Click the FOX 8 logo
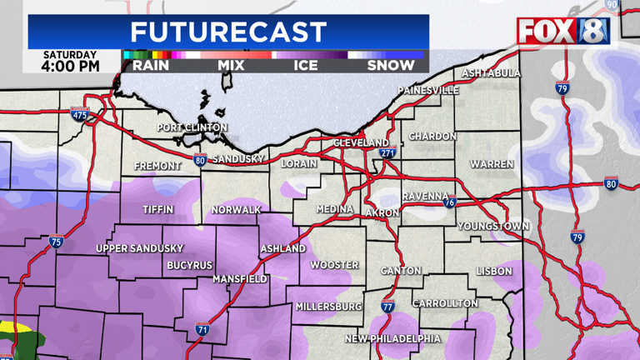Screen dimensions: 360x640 [563, 31]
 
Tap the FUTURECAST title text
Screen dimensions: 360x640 [228, 32]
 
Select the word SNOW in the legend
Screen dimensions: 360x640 [391, 65]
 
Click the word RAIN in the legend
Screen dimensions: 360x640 [151, 65]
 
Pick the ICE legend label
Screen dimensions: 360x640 [306, 65]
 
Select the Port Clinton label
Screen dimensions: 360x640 [192, 127]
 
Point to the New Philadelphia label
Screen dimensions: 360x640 [393, 338]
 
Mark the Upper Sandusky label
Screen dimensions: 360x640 [139, 248]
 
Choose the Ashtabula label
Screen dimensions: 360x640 [491, 73]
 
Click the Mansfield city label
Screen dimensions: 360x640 [239, 279]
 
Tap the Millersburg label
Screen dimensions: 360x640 [329, 307]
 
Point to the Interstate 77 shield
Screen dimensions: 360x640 [387, 307]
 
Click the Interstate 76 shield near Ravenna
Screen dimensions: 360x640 [448, 202]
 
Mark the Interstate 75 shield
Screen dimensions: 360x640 [55, 242]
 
